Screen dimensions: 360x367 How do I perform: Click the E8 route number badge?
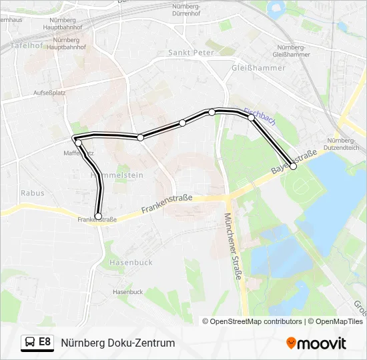45,342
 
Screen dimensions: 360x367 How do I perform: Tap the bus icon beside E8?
30,343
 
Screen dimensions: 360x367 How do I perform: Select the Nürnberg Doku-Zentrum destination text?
118,343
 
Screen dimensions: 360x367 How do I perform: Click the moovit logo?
316,343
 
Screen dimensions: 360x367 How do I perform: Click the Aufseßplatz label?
45,93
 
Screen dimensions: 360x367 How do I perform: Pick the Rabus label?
32,193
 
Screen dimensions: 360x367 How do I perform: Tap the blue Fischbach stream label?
260,117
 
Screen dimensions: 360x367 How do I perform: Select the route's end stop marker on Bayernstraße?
293,167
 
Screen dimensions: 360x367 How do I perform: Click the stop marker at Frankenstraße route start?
98,216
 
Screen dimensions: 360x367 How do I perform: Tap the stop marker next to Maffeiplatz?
78,143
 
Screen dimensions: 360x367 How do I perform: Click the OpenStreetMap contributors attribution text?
252,321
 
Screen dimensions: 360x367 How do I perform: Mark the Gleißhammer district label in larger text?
258,68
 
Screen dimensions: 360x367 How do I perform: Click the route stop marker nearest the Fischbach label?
251,118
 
